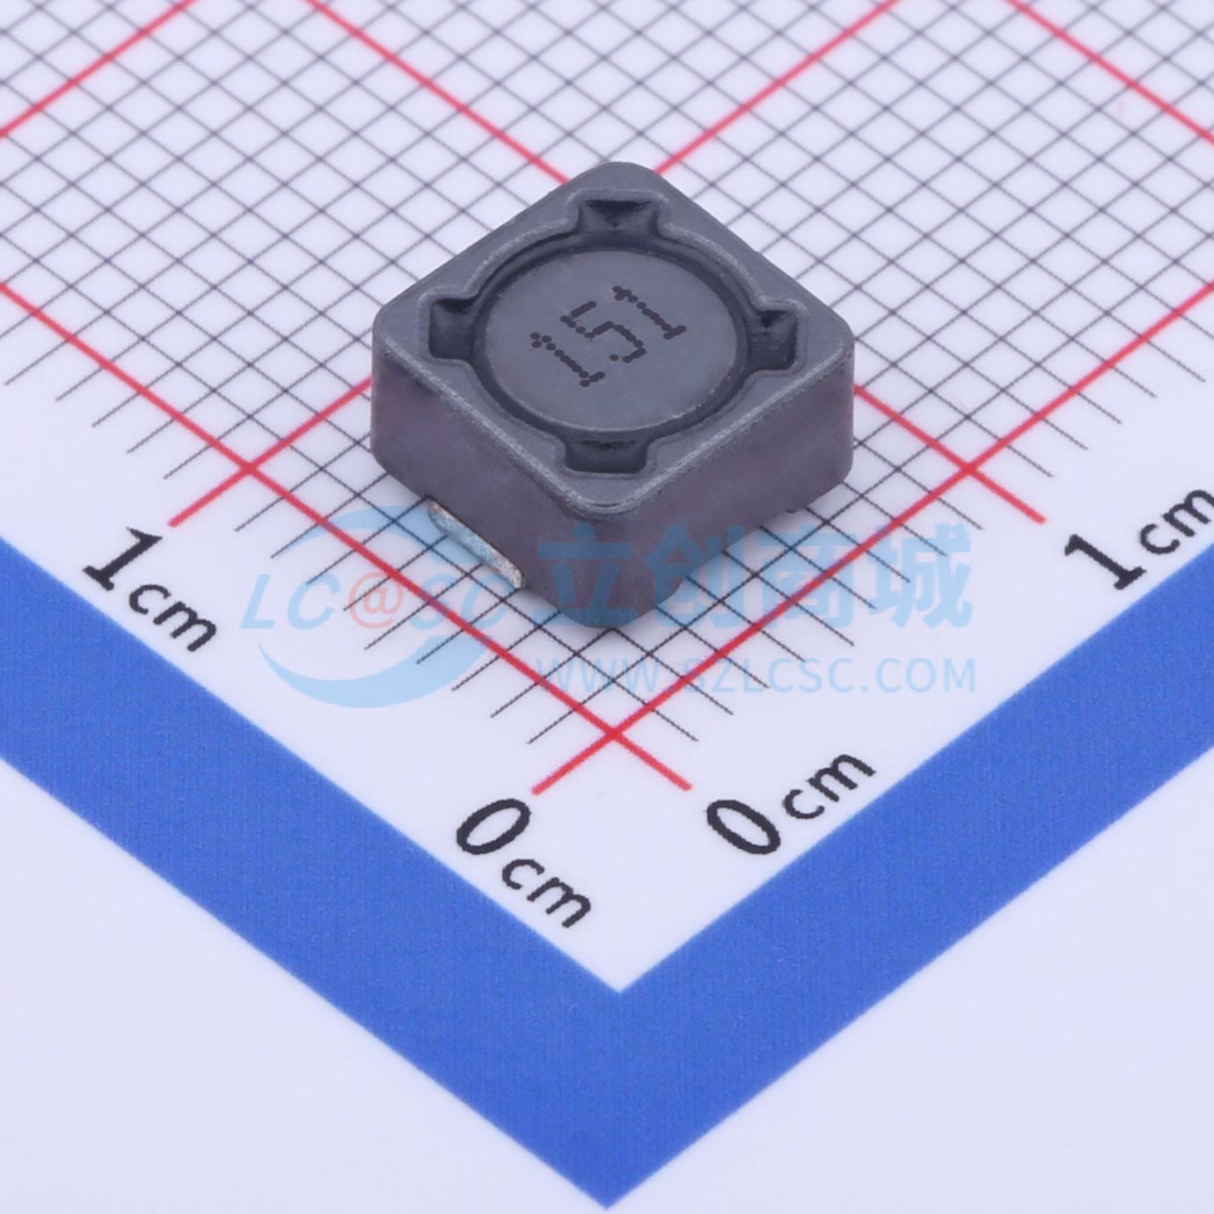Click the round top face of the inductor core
tap(604, 343)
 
